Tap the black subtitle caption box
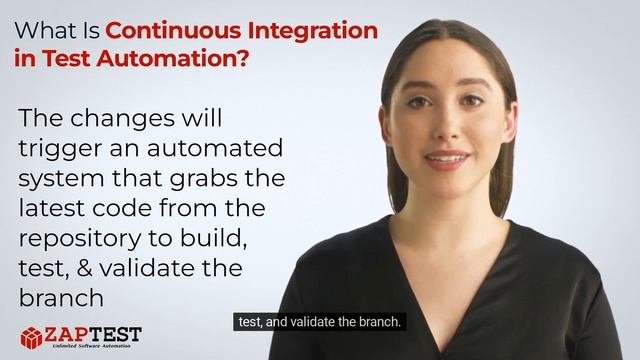click(x=319, y=322)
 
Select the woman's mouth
click(x=446, y=159)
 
